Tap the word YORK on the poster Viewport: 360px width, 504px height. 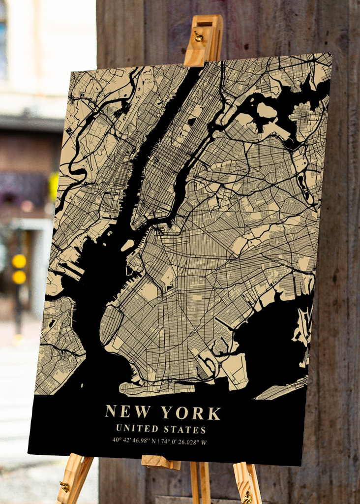click(191, 413)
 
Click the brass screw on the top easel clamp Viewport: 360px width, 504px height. click(198, 36)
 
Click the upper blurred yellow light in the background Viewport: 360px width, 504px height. click(19, 261)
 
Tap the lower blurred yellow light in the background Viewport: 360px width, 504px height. click(19, 277)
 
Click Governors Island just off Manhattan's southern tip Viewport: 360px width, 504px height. click(127, 245)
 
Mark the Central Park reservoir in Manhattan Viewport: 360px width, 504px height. click(191, 122)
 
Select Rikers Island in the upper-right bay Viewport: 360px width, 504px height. click(267, 111)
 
